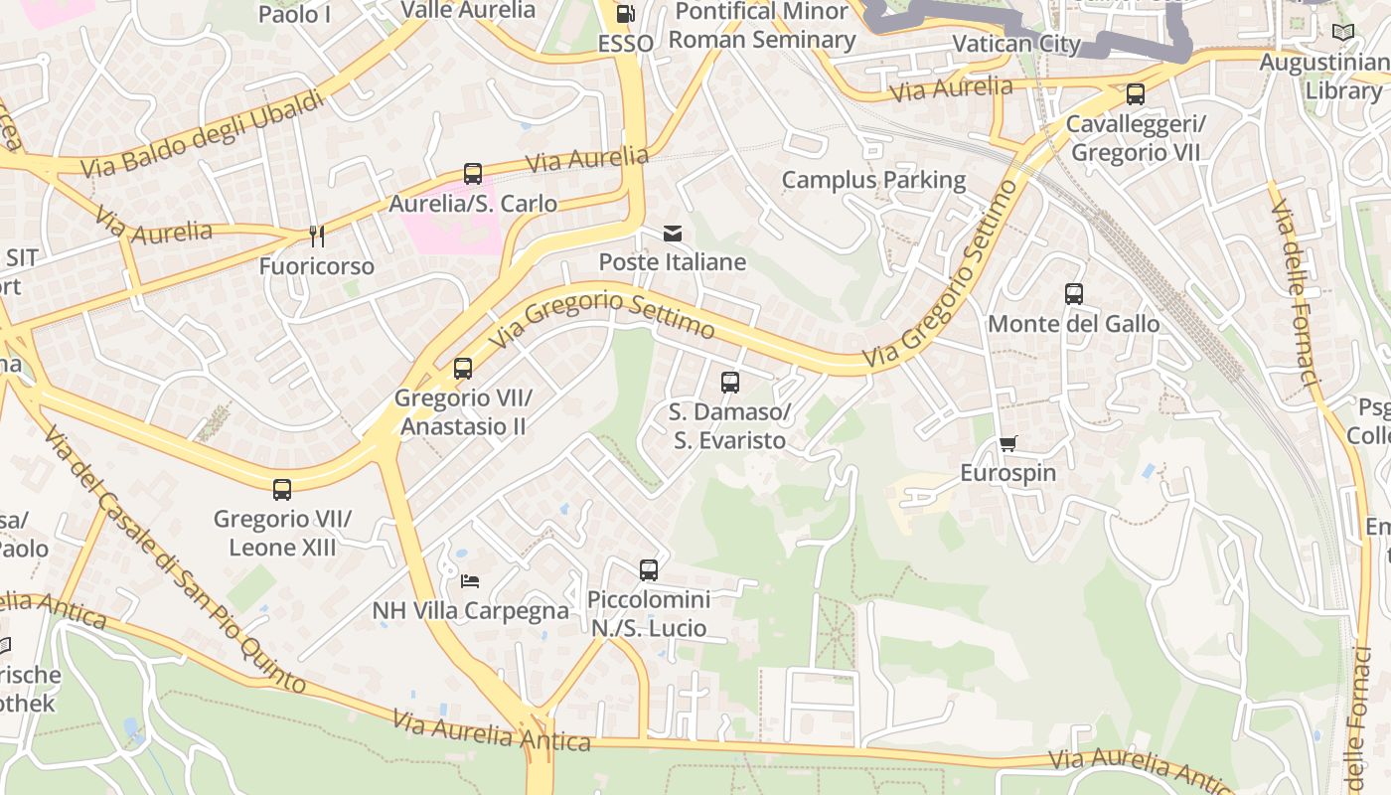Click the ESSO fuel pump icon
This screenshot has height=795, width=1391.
(625, 14)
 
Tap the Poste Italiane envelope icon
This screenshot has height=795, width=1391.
(673, 234)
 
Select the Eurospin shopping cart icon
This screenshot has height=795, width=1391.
(1008, 443)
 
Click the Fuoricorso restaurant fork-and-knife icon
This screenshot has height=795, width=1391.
(317, 237)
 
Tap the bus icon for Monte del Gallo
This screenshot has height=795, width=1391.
(1073, 294)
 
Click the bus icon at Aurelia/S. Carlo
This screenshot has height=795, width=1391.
(473, 174)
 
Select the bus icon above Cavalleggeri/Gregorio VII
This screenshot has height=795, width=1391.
(1135, 95)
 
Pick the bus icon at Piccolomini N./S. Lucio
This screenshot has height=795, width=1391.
(649, 570)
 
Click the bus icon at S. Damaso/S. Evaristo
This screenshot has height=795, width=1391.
(730, 383)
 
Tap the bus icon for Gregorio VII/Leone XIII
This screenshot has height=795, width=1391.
(282, 489)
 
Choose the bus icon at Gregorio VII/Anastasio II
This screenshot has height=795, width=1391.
(463, 369)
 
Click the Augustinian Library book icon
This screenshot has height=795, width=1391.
(1342, 32)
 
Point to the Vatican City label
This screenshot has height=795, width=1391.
(1015, 44)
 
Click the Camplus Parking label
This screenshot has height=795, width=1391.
(873, 180)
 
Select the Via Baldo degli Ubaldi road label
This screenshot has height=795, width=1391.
(203, 135)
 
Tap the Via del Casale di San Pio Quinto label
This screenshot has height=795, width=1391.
(174, 561)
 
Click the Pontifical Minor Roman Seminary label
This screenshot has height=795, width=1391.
(761, 26)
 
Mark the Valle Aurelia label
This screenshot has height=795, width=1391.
(468, 10)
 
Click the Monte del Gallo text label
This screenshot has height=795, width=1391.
(1073, 324)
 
